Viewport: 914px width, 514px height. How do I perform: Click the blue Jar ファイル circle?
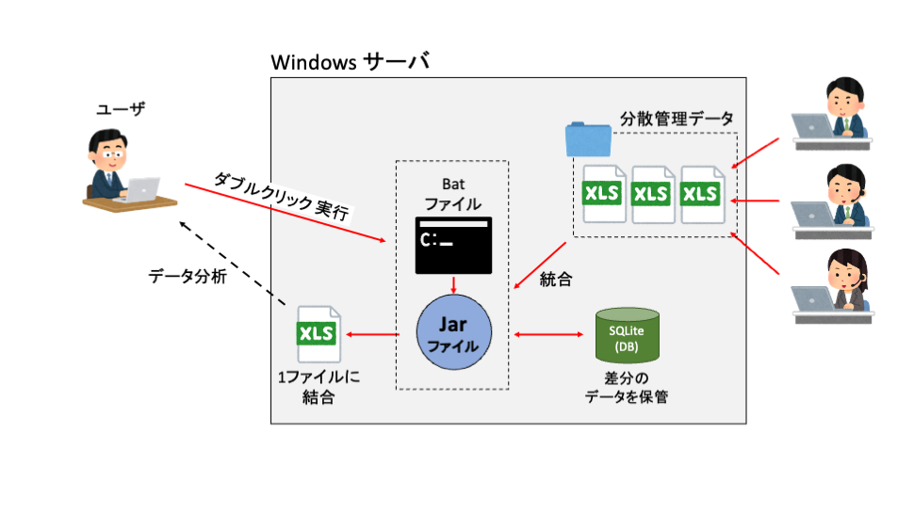point(454,335)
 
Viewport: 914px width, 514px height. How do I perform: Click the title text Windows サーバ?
point(350,63)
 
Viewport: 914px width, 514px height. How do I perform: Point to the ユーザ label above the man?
point(122,109)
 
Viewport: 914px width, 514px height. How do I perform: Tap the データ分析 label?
point(188,277)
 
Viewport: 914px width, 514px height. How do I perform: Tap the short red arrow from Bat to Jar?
point(454,284)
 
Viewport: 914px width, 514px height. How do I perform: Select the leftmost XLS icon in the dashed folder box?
point(603,193)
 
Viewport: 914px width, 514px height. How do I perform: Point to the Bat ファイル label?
point(452,194)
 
